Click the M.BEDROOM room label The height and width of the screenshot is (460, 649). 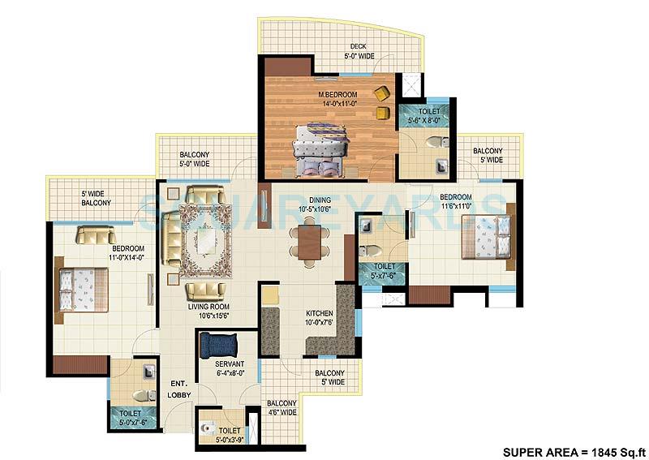[x=337, y=94]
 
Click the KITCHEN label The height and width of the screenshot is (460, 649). [x=319, y=312]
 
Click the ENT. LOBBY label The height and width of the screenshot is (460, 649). [x=179, y=389]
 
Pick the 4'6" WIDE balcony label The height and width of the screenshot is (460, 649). [x=282, y=407]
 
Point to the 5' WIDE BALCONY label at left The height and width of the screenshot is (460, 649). [x=96, y=198]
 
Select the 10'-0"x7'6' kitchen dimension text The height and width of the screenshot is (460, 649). [x=319, y=322]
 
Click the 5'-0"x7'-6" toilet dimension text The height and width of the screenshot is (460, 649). [x=132, y=422]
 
